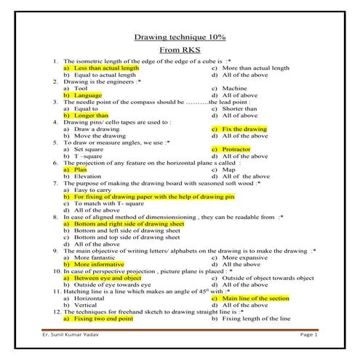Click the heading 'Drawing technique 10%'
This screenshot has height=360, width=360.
pyautogui.click(x=180, y=37)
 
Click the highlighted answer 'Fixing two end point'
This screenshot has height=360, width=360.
pyautogui.click(x=102, y=319)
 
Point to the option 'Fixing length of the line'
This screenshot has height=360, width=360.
pyautogui.click(x=255, y=319)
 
